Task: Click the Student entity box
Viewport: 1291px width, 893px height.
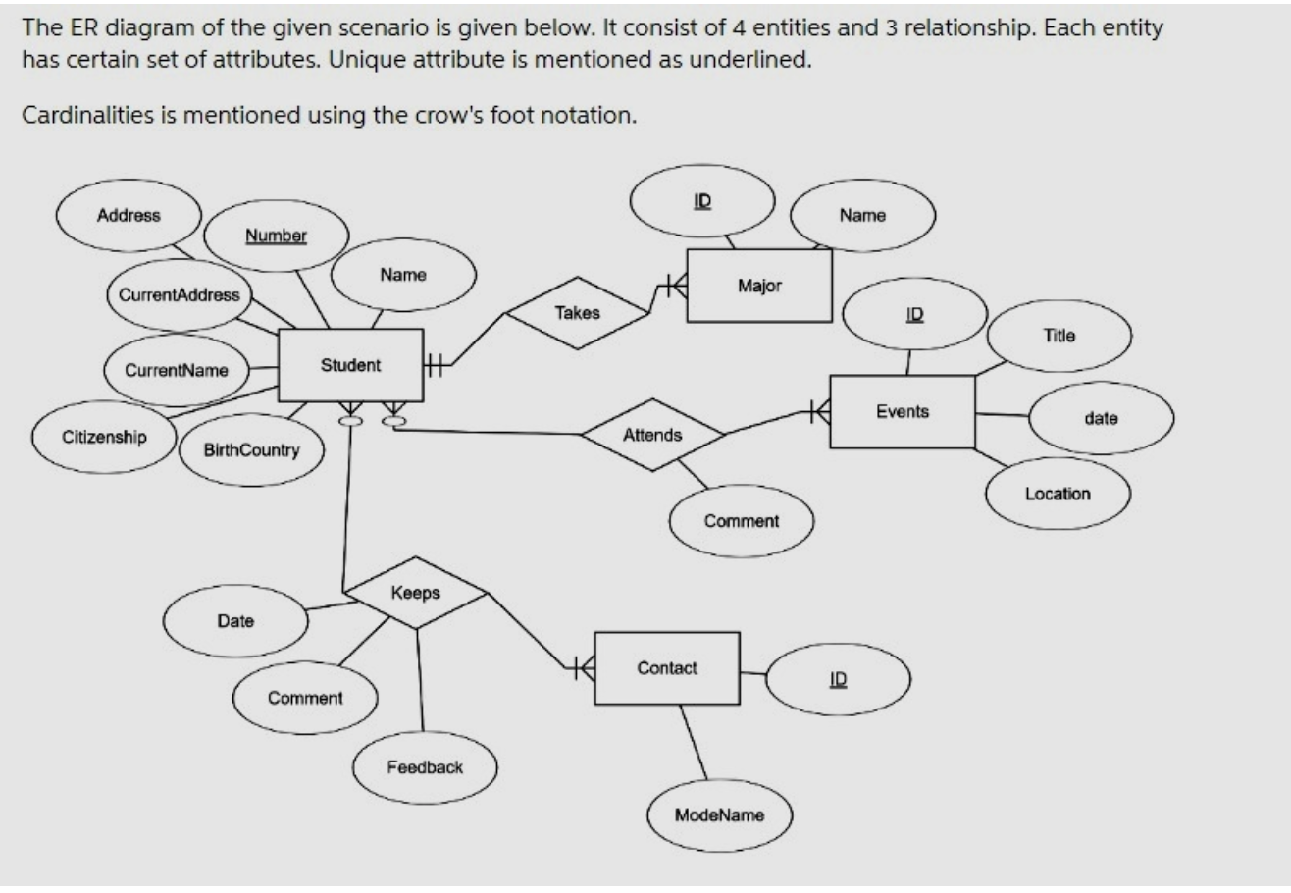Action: coord(350,365)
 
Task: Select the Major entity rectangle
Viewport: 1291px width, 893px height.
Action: coord(759,286)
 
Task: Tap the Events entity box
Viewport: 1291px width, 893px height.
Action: coord(903,411)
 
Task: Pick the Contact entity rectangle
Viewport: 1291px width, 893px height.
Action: coord(667,668)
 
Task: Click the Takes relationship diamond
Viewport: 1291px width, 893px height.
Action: coord(577,313)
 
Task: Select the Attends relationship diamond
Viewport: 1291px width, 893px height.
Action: coord(652,435)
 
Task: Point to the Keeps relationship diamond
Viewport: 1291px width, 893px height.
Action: coord(415,593)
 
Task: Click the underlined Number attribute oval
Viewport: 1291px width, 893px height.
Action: coord(276,236)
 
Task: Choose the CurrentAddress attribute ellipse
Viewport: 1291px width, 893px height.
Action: coord(179,294)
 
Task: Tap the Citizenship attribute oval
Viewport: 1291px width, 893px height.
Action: coord(105,438)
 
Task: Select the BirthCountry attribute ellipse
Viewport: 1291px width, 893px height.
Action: coord(251,450)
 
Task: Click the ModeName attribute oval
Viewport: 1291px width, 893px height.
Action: coord(719,814)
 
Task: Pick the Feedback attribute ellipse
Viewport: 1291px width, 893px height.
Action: coord(425,767)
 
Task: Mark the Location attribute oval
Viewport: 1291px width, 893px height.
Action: coord(1058,494)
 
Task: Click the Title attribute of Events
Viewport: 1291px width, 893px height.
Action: coord(1059,336)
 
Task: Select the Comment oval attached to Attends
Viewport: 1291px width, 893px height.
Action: coord(742,521)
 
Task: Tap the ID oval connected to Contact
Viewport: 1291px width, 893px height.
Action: coord(838,679)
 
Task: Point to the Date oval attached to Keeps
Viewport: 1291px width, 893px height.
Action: coord(235,621)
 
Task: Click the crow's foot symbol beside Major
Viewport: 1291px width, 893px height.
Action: coord(672,286)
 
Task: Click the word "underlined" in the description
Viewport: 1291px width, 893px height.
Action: coord(756,59)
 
